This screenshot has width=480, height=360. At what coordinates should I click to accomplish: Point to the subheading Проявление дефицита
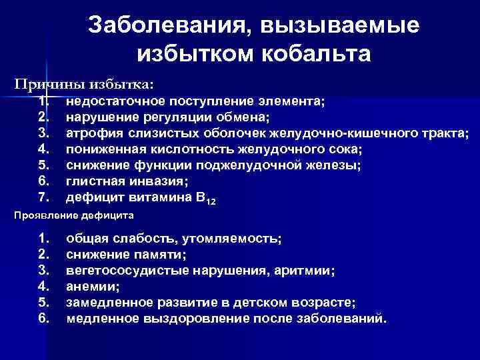pos(74,216)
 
